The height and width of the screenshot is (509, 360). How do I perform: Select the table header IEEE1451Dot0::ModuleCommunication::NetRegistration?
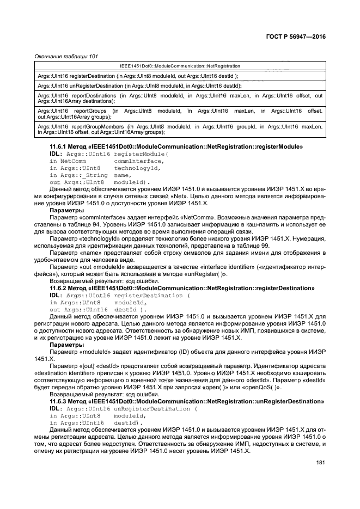point(180,66)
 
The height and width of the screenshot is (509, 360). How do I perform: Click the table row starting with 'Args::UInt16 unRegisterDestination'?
point(140,86)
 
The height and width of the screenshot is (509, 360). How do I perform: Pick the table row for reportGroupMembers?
point(180,129)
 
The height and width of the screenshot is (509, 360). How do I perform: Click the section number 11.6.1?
point(60,147)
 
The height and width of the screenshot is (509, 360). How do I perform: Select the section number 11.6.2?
point(60,287)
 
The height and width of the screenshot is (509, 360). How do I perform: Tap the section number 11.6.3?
point(60,401)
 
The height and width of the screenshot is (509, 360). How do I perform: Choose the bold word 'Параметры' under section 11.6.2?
point(66,345)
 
